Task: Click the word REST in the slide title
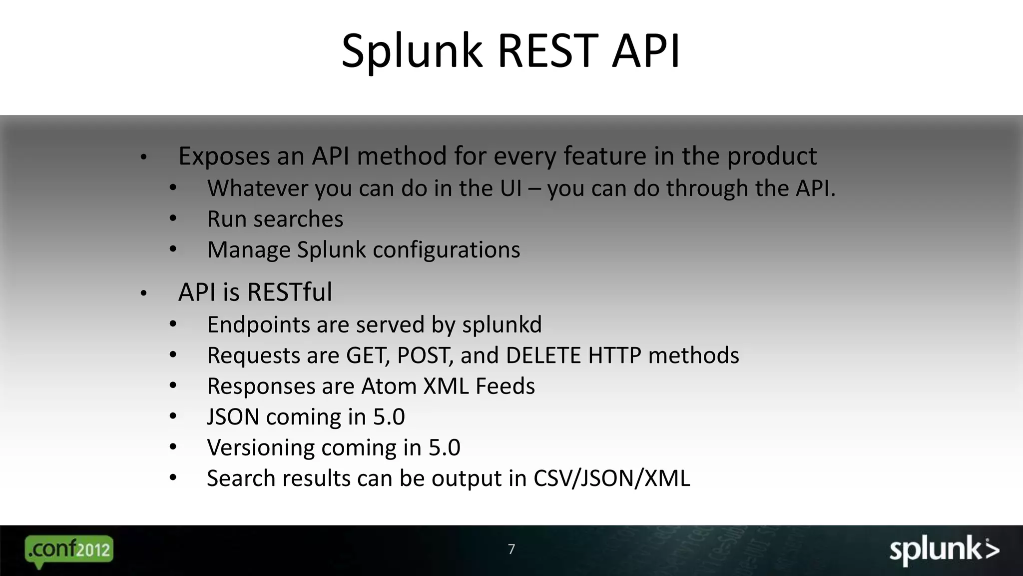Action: [x=548, y=50]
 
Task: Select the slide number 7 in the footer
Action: [x=511, y=549]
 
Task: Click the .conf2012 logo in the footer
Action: [x=69, y=550]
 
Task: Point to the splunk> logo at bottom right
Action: [x=944, y=550]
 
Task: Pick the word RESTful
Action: [x=289, y=292]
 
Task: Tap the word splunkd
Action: [x=502, y=325]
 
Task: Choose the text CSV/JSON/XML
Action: [x=611, y=478]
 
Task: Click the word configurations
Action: [x=446, y=250]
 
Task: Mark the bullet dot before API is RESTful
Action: [x=143, y=293]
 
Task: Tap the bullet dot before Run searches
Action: [x=173, y=218]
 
